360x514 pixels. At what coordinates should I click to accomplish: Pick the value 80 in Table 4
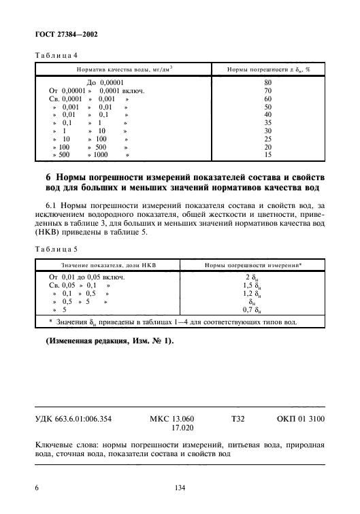pyautogui.click(x=267, y=82)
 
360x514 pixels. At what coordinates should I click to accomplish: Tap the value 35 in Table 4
pyautogui.click(x=267, y=123)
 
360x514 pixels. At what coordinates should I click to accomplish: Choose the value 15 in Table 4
pyautogui.click(x=267, y=155)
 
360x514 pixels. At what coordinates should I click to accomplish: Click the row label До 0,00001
pyautogui.click(x=104, y=82)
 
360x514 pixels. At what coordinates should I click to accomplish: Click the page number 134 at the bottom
pyautogui.click(x=180, y=487)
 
